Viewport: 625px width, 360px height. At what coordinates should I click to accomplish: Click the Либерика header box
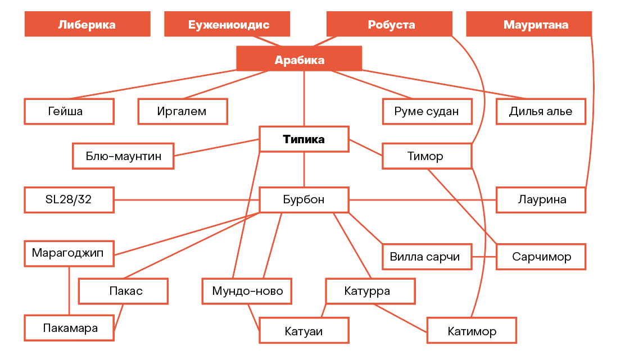pyautogui.click(x=87, y=24)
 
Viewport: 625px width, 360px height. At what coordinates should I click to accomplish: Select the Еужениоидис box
pyautogui.click(x=227, y=24)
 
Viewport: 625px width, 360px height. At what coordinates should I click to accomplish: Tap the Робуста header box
pyautogui.click(x=389, y=24)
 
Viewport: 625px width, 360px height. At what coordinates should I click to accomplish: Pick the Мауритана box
pyautogui.click(x=529, y=24)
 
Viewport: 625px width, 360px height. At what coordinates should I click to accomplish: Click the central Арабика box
pyautogui.click(x=299, y=58)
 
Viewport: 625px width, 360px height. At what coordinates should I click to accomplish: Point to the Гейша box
pyautogui.click(x=69, y=112)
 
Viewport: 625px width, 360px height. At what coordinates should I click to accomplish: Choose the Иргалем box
pyautogui.click(x=183, y=112)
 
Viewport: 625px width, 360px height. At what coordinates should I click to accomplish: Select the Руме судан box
pyautogui.click(x=427, y=112)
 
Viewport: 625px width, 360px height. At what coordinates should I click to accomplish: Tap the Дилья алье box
pyautogui.click(x=541, y=112)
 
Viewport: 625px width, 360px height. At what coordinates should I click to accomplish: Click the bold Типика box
pyautogui.click(x=304, y=139)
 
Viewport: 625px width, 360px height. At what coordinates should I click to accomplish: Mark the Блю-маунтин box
pyautogui.click(x=123, y=156)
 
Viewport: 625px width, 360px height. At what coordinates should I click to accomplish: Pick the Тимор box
pyautogui.click(x=427, y=156)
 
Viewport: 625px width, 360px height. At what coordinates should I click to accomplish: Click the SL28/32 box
pyautogui.click(x=69, y=200)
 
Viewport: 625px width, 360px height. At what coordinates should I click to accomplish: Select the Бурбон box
pyautogui.click(x=304, y=200)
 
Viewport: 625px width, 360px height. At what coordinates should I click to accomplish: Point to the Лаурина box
pyautogui.click(x=541, y=200)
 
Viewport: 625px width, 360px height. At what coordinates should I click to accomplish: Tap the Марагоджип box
pyautogui.click(x=69, y=253)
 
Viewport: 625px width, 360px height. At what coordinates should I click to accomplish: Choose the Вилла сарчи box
pyautogui.click(x=427, y=257)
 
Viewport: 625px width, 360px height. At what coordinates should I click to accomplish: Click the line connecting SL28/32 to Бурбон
pyautogui.click(x=187, y=200)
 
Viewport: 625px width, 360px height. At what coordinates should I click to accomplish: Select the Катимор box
pyautogui.click(x=472, y=331)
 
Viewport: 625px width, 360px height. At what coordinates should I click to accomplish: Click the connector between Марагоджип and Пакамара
pyautogui.click(x=69, y=291)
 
